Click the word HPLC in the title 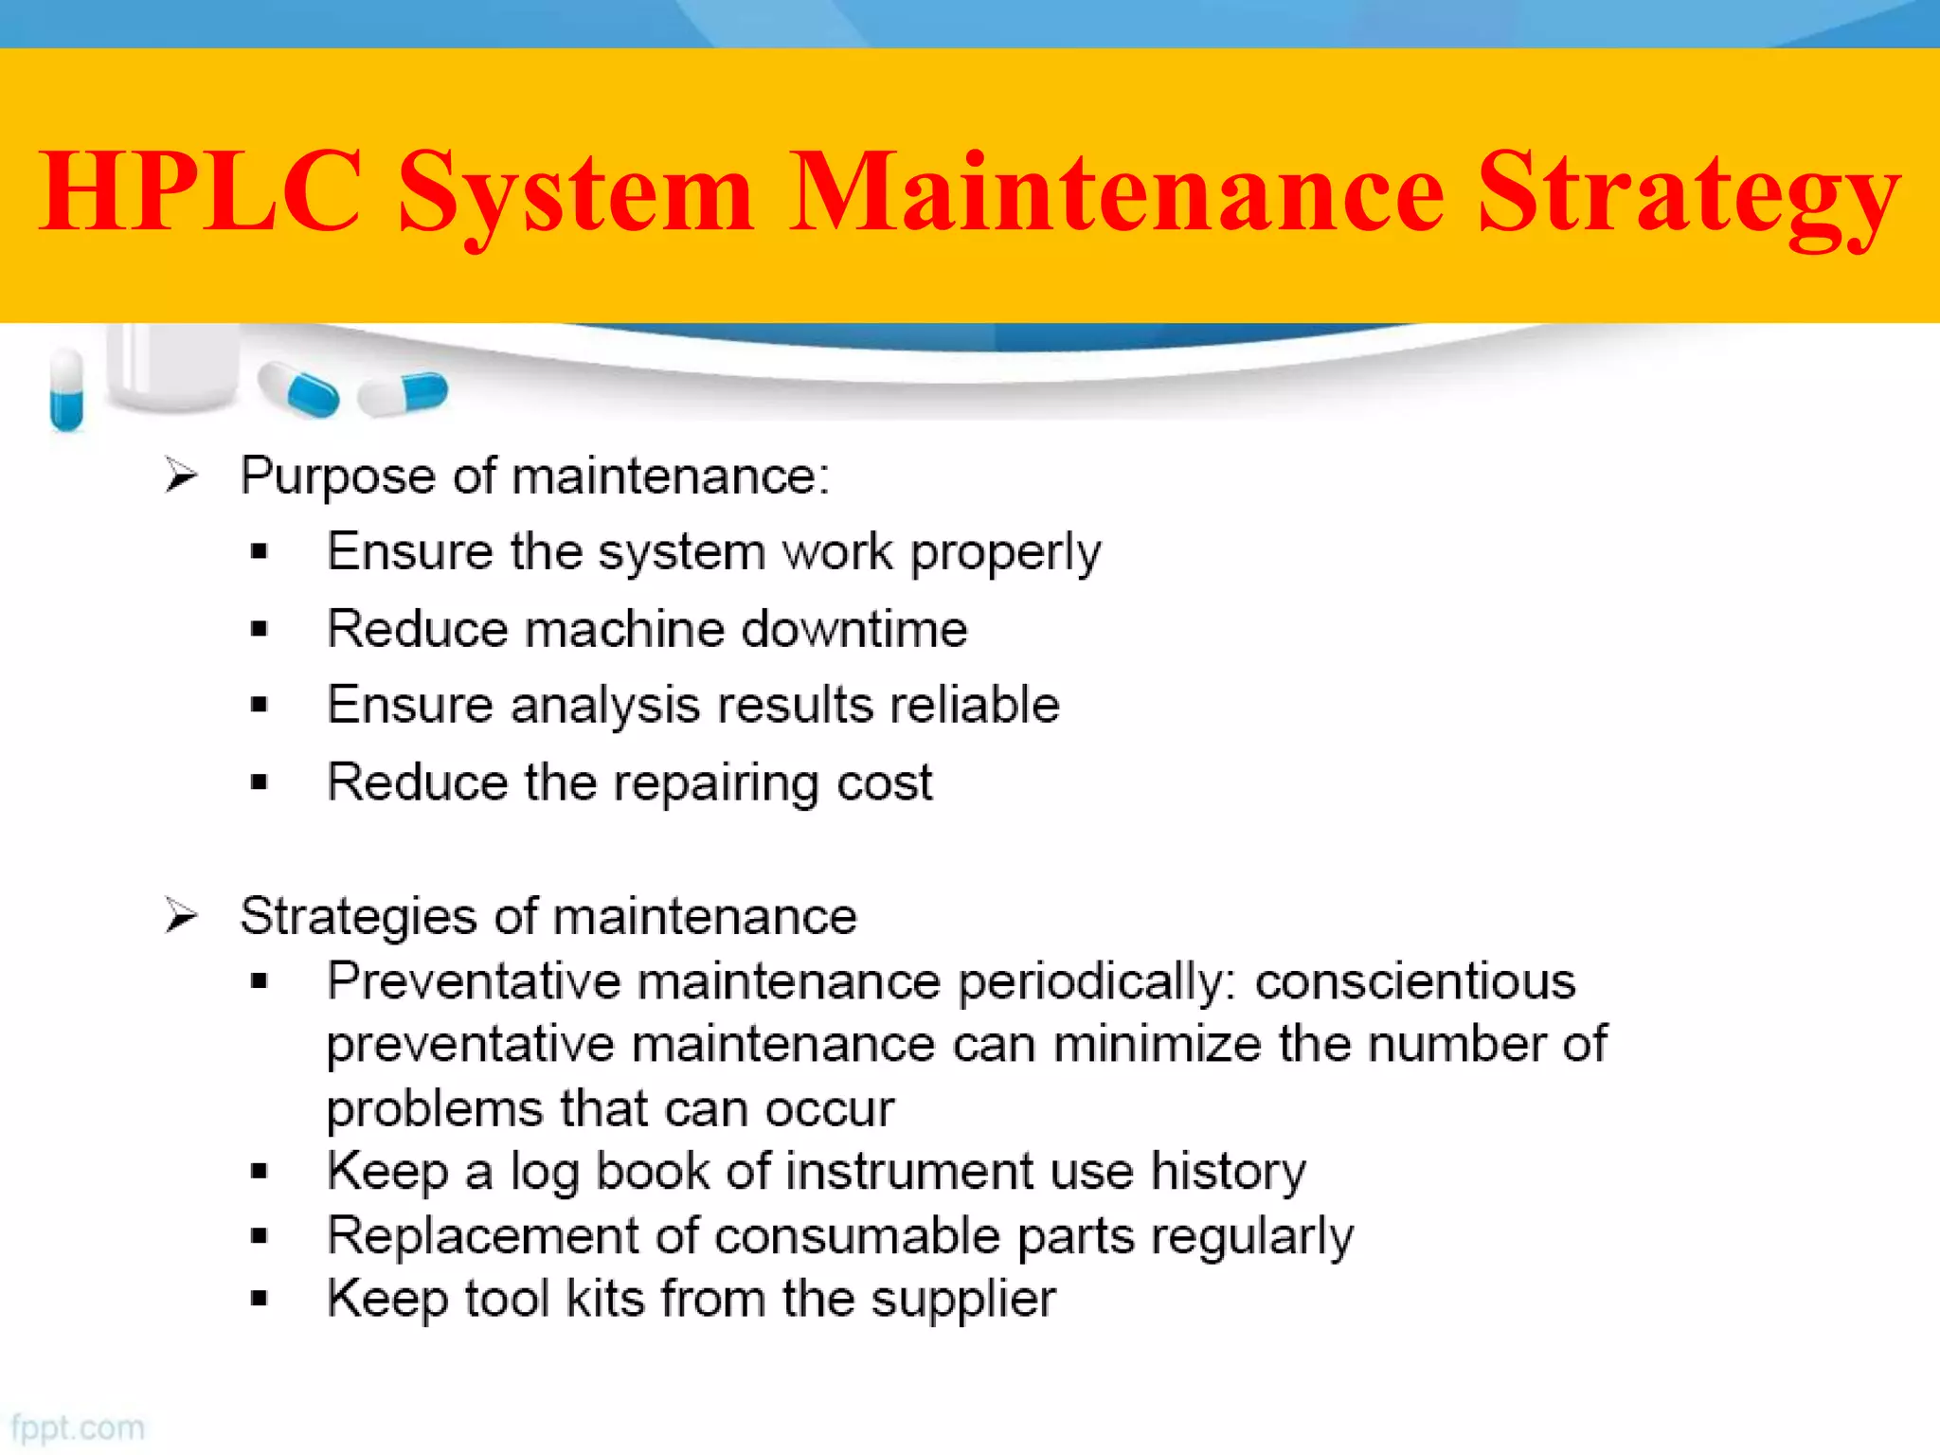200,191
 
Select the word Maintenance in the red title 1118,191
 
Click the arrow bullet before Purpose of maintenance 180,475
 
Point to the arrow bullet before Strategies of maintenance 180,916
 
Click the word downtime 853,629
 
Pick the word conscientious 1415,980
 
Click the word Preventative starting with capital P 474,980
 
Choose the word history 1228,1172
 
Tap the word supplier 962,1300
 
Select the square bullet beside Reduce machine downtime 260,629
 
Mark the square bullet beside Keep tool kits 260,1299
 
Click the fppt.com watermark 78,1428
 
